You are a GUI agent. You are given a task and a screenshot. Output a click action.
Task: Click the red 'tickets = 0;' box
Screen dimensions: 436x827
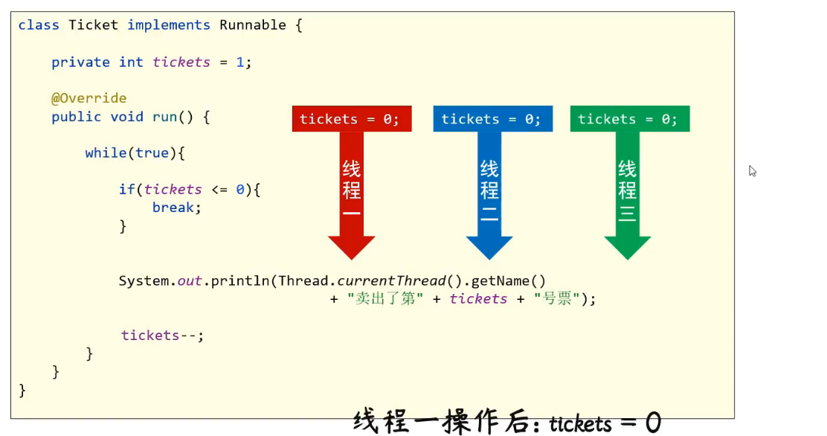(x=350, y=119)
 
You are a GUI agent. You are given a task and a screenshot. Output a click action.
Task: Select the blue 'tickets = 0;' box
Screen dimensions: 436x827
(x=492, y=119)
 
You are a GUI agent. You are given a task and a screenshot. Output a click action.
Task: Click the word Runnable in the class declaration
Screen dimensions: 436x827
(x=252, y=25)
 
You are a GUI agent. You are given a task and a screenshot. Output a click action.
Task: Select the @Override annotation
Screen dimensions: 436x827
(x=89, y=98)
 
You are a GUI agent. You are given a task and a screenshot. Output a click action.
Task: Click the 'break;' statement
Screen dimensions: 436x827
(x=177, y=208)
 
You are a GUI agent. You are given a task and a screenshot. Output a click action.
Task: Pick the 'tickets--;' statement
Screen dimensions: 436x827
(x=162, y=336)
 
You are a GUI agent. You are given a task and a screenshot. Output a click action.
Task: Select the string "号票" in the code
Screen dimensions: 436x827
(x=556, y=299)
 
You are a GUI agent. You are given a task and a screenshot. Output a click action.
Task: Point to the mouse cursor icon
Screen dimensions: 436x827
(x=752, y=170)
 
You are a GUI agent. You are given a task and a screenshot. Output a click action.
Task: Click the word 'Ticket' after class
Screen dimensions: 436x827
(x=93, y=25)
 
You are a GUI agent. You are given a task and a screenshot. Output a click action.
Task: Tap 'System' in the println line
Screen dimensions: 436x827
(x=146, y=281)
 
